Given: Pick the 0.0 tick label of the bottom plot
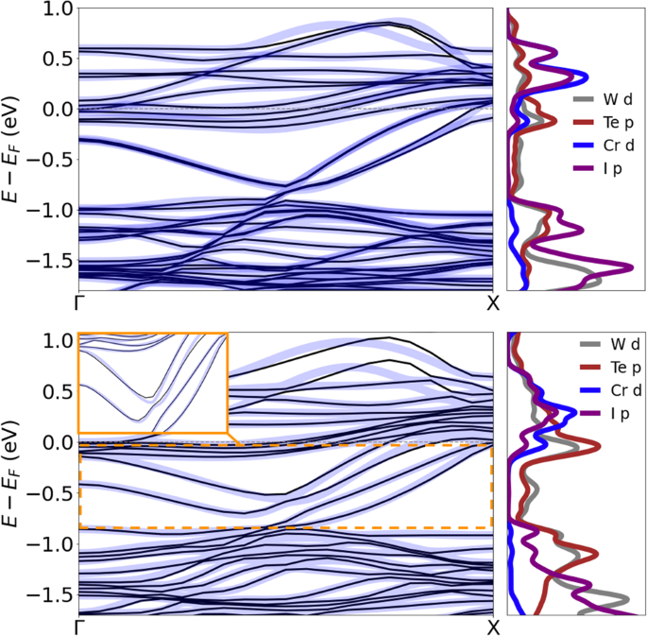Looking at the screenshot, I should [x=59, y=442].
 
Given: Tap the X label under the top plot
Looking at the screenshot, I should [x=492, y=304].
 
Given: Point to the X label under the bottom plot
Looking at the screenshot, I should [x=492, y=627].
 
